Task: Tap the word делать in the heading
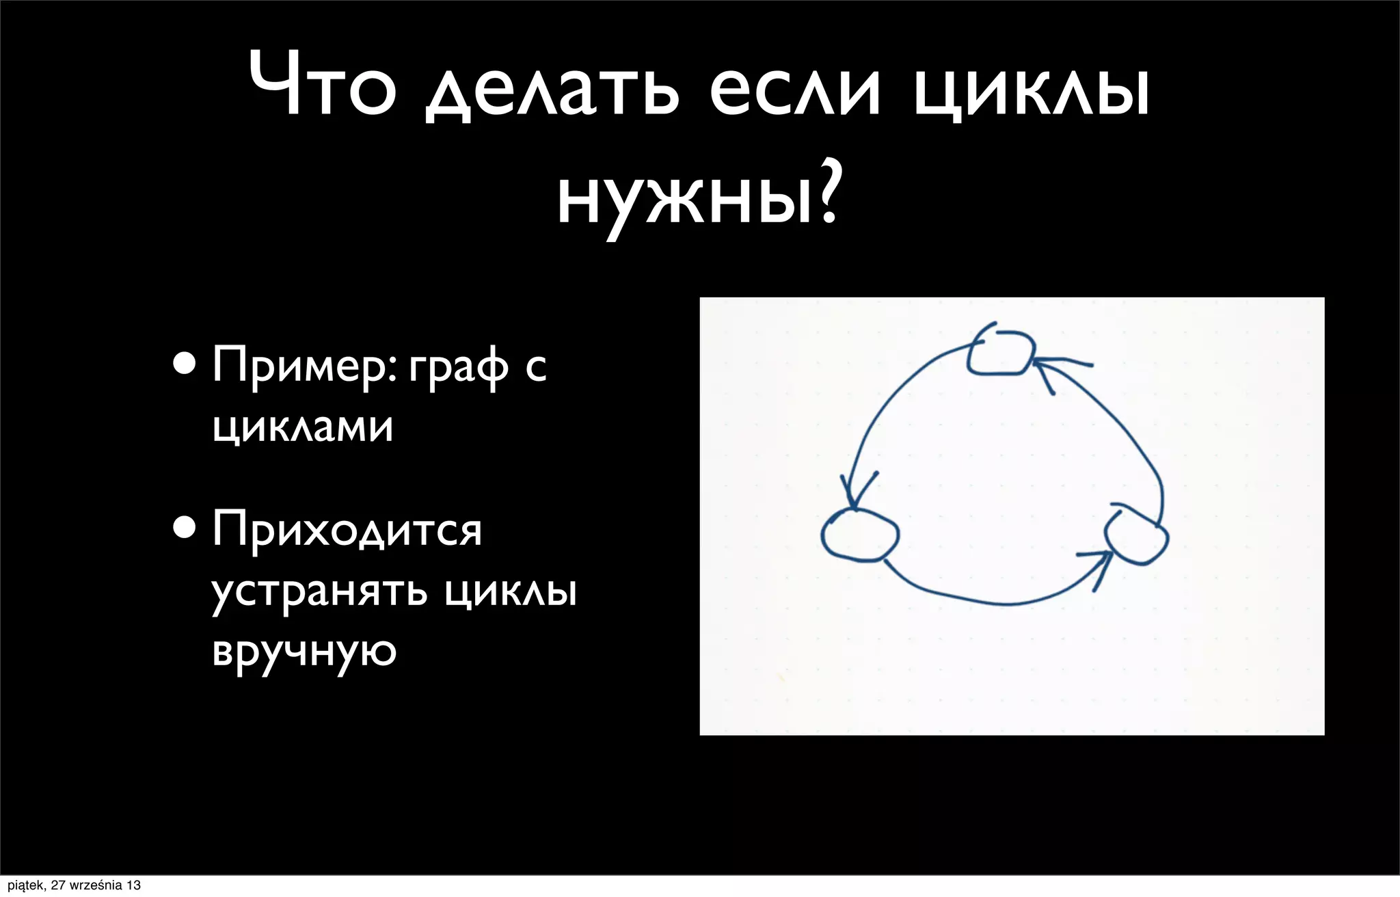(x=553, y=92)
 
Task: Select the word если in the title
(x=794, y=92)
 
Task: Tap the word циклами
(x=303, y=427)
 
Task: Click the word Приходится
(x=347, y=530)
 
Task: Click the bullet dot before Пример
(x=184, y=364)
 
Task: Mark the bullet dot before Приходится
(x=184, y=528)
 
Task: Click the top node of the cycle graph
(x=999, y=352)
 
